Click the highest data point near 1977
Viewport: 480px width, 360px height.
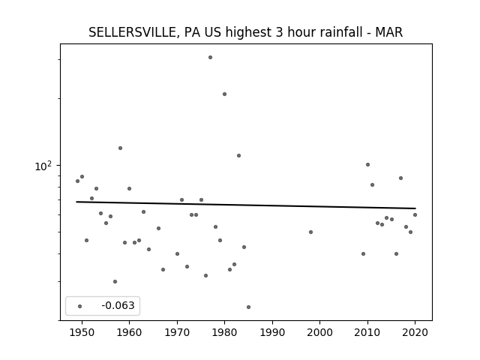pos(210,58)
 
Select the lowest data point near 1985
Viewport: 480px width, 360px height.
pos(248,307)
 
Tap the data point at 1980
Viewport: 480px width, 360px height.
pos(225,94)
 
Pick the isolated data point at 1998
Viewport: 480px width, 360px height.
pos(310,232)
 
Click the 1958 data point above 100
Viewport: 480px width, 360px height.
pos(120,148)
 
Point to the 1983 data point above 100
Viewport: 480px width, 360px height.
pos(238,156)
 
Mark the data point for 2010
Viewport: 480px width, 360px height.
pos(368,165)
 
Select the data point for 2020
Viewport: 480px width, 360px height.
pos(415,215)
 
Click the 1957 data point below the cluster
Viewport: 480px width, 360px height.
pos(115,282)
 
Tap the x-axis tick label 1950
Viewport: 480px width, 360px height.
pos(82,332)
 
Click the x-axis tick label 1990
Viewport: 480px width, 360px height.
pos(272,332)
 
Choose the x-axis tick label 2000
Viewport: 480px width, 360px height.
pos(320,332)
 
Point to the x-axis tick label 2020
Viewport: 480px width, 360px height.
pos(415,332)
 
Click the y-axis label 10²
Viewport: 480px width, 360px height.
pos(43,166)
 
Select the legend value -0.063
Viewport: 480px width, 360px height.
pos(118,305)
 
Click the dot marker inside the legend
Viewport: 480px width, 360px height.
pos(80,306)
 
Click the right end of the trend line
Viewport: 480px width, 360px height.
pos(415,208)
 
